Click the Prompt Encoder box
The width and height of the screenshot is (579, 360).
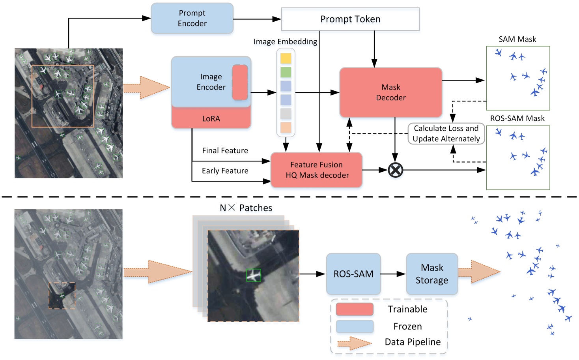coord(192,18)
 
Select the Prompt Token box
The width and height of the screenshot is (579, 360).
coord(350,19)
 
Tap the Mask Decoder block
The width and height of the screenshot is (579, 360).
coord(390,92)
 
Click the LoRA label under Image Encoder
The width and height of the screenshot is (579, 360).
coord(211,118)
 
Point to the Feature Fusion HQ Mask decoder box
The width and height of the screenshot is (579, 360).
coord(317,170)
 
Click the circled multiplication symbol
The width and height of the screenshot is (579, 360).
coord(395,170)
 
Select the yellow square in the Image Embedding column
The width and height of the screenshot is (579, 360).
coord(286,58)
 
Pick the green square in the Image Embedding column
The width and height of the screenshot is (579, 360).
coord(286,72)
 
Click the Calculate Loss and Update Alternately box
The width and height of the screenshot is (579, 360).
coord(446,133)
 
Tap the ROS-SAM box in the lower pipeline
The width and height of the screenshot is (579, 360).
coord(353,274)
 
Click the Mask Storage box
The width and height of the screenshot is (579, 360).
coord(432,274)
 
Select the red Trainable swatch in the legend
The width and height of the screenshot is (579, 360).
coord(355,309)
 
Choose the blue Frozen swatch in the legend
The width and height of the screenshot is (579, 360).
coord(355,326)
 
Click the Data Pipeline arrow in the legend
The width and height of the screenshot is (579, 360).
coord(355,343)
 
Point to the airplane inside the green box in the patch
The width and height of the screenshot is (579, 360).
coord(254,275)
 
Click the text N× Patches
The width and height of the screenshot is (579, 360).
coord(246,208)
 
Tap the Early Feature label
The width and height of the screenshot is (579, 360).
coord(225,171)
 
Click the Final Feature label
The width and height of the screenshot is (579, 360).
coord(225,150)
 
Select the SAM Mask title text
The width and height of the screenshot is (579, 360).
coord(517,39)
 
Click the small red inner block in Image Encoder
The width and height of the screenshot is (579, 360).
coord(240,82)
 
